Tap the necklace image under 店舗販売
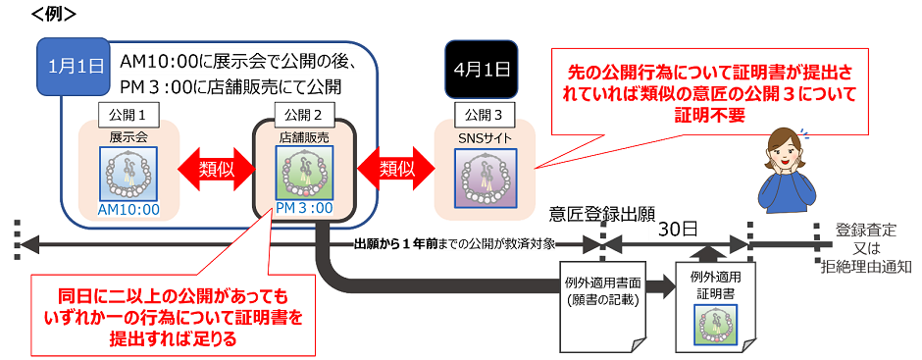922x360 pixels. [303, 172]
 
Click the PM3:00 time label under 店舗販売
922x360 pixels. [303, 208]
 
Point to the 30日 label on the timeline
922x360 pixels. [676, 229]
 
